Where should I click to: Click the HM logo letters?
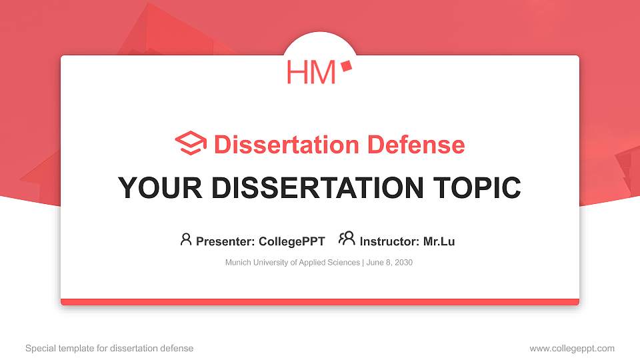[311, 72]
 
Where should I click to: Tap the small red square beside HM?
[345, 65]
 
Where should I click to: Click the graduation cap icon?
[191, 143]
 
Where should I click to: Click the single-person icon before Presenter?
[186, 239]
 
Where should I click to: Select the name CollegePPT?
[292, 241]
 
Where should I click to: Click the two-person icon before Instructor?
[347, 239]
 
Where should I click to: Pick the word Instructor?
[389, 241]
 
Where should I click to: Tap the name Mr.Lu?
[439, 241]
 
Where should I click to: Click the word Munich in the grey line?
[237, 263]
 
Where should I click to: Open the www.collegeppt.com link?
[572, 348]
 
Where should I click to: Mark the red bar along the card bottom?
[320, 302]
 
